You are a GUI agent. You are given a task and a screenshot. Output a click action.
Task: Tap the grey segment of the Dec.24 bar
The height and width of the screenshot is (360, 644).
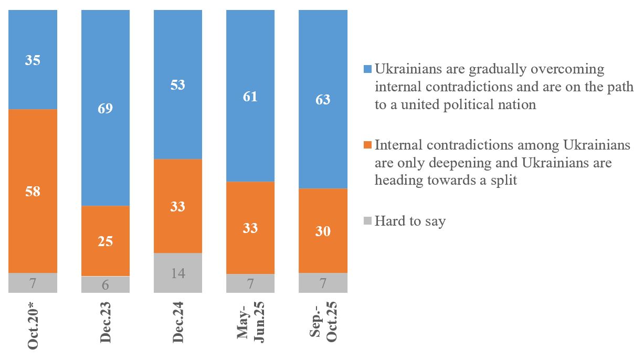pos(177,273)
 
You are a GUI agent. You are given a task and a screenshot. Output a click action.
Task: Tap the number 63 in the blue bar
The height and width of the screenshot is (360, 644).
pos(323,99)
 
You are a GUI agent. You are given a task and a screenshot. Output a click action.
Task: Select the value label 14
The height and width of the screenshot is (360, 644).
pos(177,273)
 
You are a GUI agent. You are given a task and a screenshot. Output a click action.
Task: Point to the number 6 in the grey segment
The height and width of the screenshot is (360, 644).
pos(105,284)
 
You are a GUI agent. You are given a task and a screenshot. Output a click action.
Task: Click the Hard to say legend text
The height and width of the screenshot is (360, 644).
pos(410,221)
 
